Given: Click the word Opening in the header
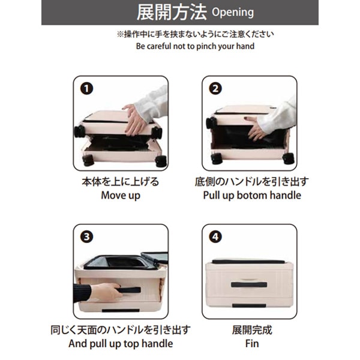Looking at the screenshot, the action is (x=233, y=13).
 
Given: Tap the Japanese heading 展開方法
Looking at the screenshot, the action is (x=172, y=13).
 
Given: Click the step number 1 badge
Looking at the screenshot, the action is (x=86, y=89).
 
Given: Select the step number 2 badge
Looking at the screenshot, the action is (x=215, y=89).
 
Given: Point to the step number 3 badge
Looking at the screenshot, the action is (x=86, y=237).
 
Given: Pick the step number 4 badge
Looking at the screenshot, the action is (x=215, y=237).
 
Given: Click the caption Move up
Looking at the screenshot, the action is (x=121, y=196).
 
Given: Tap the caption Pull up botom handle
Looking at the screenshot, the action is (x=252, y=196).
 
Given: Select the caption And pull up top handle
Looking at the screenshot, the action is (x=121, y=344).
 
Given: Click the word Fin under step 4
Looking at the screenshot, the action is (x=252, y=344).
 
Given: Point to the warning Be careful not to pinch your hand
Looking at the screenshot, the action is (x=195, y=46).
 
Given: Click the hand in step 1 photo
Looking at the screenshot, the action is (x=134, y=120).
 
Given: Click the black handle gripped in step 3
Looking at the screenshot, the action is (x=129, y=290).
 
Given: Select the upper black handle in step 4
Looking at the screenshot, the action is (x=249, y=284).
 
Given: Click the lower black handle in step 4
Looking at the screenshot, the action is (x=249, y=305).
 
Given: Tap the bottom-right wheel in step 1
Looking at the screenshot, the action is (x=161, y=161).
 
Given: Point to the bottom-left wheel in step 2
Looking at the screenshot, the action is (x=217, y=158).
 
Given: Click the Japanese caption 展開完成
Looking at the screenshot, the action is (x=252, y=330).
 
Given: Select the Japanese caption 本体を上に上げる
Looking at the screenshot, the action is (x=121, y=182).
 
